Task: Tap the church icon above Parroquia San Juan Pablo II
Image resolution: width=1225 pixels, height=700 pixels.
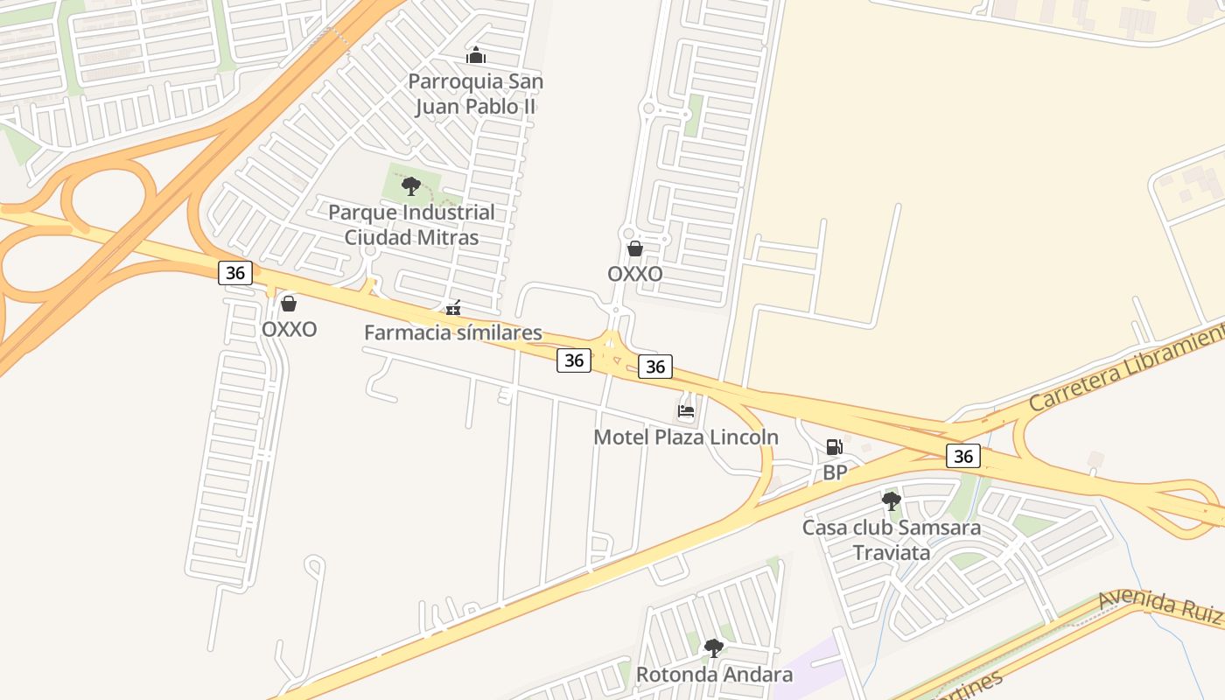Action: [x=476, y=56]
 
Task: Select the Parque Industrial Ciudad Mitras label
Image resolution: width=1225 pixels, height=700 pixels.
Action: [x=411, y=225]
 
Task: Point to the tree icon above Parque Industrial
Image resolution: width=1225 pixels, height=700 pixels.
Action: [x=410, y=185]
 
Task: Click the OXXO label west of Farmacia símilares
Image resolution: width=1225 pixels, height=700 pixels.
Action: [x=289, y=330]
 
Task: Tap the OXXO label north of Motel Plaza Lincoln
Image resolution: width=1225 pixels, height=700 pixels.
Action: [x=635, y=274]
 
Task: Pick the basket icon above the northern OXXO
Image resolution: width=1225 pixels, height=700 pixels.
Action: [x=635, y=248]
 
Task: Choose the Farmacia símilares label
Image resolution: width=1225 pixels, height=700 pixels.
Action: [x=453, y=332]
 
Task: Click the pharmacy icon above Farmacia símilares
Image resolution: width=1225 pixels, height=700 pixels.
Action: [x=453, y=308]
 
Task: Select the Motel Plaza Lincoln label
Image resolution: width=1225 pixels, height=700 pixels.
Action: [x=686, y=437]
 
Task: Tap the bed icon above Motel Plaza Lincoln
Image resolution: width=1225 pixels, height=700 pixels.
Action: [x=686, y=411]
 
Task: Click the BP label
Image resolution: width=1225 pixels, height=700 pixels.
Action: [x=835, y=472]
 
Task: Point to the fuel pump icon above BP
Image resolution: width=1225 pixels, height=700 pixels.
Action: [x=835, y=447]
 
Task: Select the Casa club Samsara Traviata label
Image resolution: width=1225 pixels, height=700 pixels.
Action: [x=892, y=540]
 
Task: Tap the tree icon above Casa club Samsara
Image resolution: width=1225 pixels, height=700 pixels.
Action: [x=892, y=501]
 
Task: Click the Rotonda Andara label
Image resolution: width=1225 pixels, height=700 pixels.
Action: [x=714, y=675]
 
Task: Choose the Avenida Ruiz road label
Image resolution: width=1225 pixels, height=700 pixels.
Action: [x=1160, y=605]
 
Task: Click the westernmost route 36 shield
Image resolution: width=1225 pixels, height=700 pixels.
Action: [x=235, y=272]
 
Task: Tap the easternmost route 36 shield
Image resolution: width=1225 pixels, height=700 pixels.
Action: [x=963, y=456]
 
